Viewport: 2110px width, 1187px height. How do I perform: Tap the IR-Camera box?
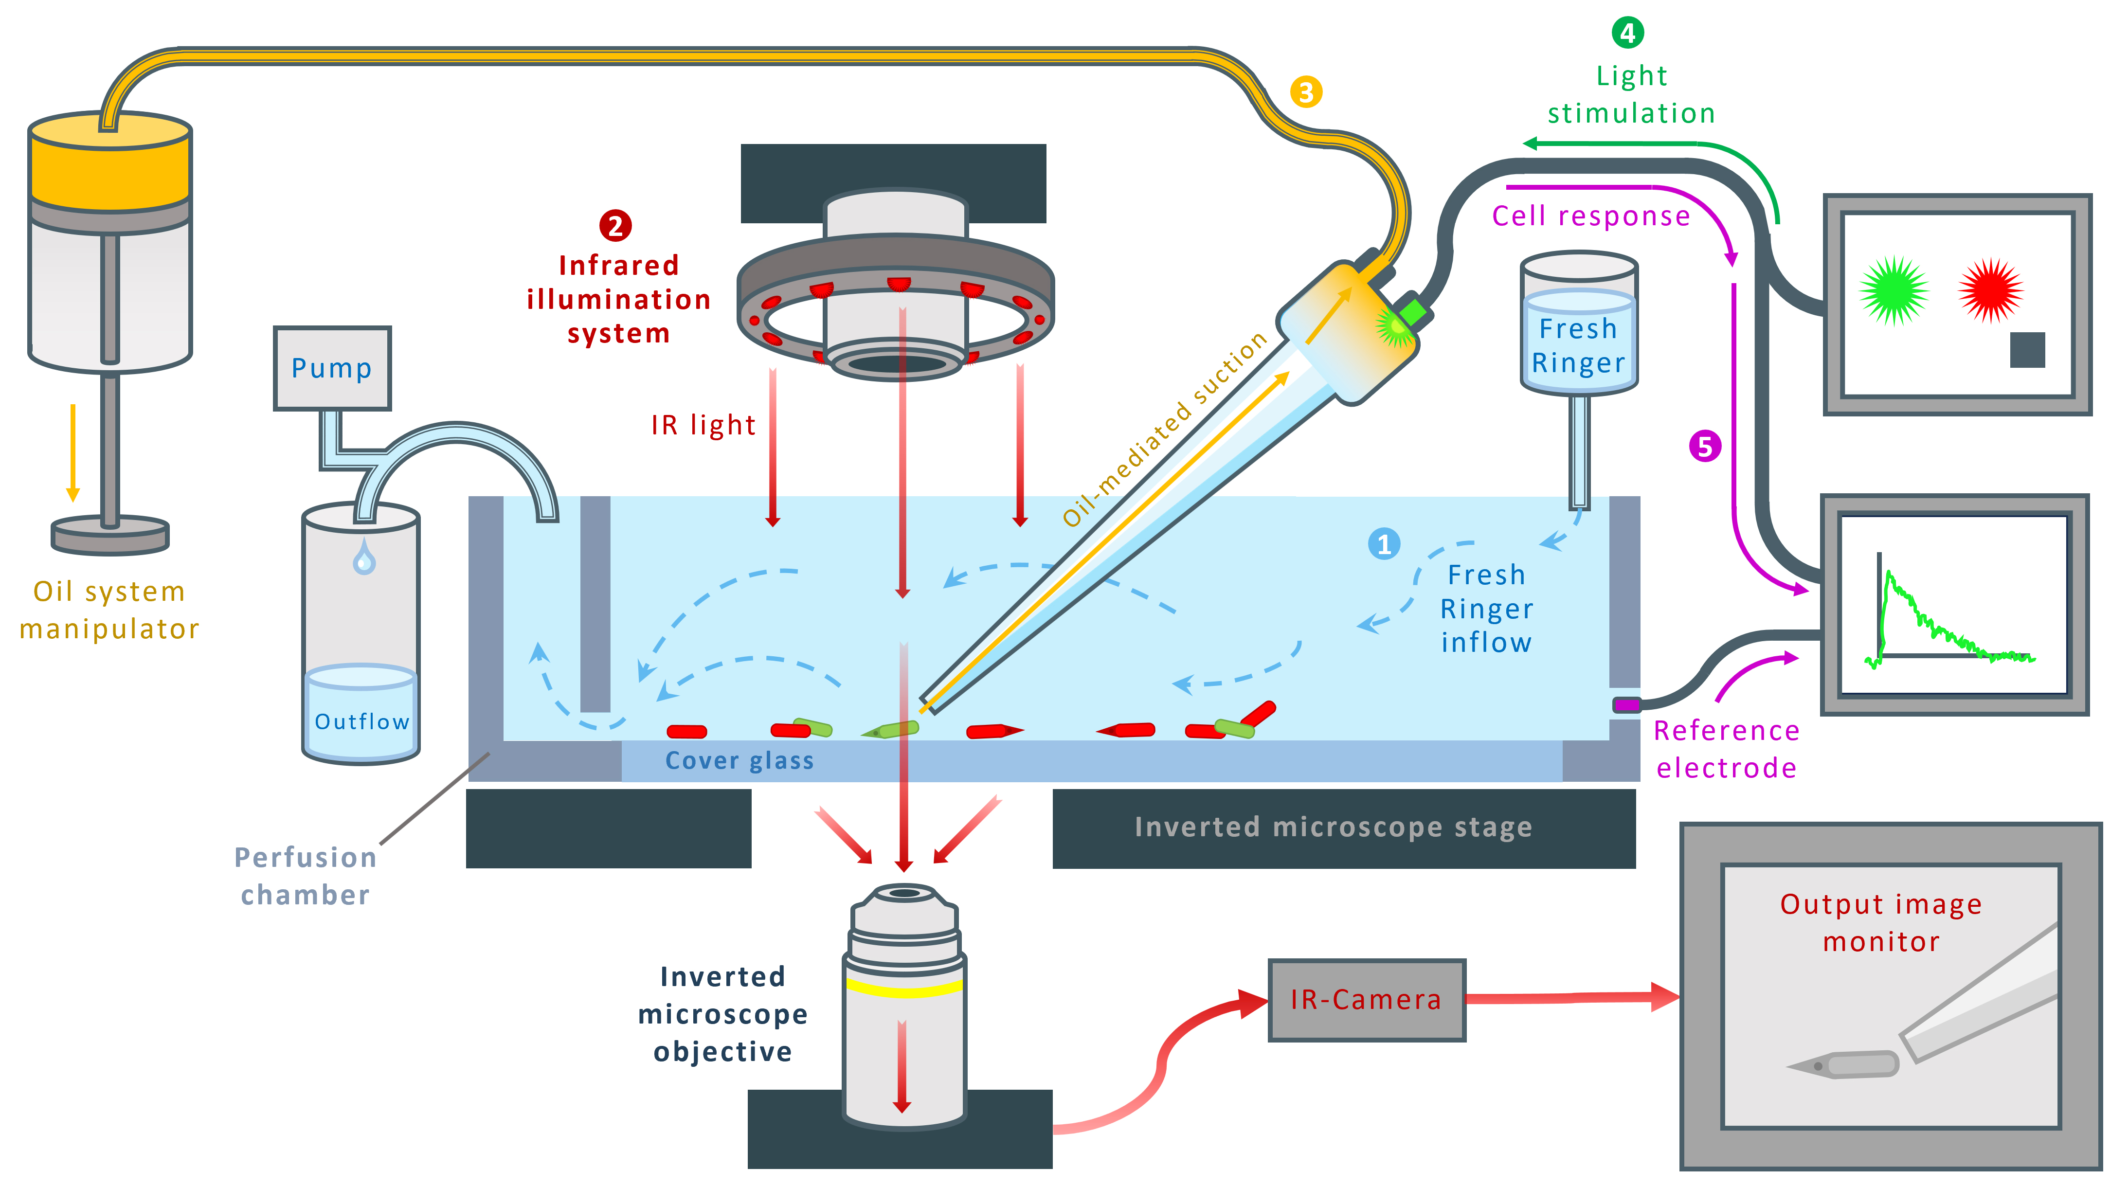pyautogui.click(x=1366, y=999)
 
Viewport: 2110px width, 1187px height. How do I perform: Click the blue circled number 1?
pyautogui.click(x=1384, y=544)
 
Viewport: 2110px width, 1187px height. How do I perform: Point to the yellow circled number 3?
pyautogui.click(x=1306, y=92)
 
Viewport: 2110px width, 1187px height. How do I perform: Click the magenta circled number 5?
pyautogui.click(x=1705, y=447)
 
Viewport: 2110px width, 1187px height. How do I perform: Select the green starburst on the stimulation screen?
pyautogui.click(x=1894, y=291)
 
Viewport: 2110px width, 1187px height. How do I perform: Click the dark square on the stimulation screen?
pyautogui.click(x=2027, y=350)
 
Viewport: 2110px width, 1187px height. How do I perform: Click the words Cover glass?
pyautogui.click(x=739, y=761)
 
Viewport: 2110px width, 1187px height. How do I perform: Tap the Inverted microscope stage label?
pyautogui.click(x=1333, y=827)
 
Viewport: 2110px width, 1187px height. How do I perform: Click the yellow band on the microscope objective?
pyautogui.click(x=904, y=987)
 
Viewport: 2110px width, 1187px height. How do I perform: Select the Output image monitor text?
pyautogui.click(x=1881, y=922)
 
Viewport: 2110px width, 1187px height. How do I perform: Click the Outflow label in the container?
pyautogui.click(x=361, y=722)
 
